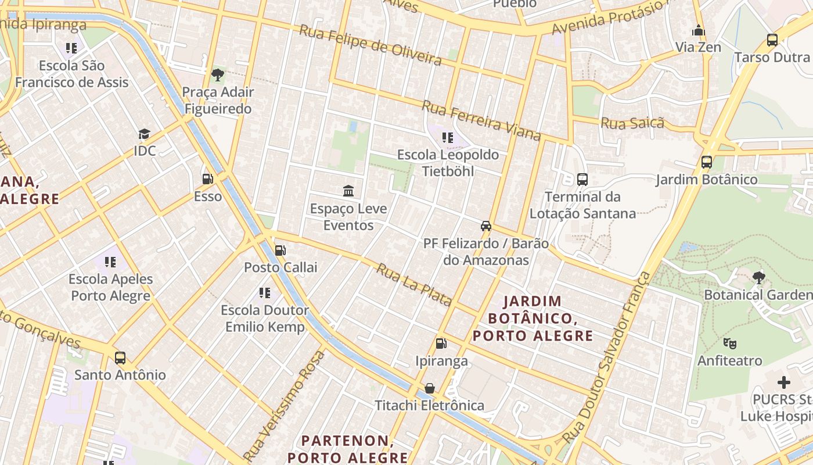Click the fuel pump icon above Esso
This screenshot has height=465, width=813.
(x=207, y=179)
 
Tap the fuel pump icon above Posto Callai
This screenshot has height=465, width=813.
(x=280, y=250)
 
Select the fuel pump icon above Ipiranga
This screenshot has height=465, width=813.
(x=441, y=344)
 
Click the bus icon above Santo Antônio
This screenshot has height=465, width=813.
(x=120, y=357)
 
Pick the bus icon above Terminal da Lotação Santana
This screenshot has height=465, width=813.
(x=582, y=179)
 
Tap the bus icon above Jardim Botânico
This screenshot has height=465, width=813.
(x=707, y=162)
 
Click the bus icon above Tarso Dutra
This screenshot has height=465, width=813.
(x=772, y=40)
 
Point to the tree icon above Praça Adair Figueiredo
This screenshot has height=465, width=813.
(x=218, y=74)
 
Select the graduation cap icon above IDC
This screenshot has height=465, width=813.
(x=145, y=134)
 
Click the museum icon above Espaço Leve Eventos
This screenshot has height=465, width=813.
(x=348, y=191)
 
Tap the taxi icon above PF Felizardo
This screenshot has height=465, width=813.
(x=486, y=226)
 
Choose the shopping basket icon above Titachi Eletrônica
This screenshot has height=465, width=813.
(x=430, y=388)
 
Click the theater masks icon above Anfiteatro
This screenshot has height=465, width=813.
(x=730, y=344)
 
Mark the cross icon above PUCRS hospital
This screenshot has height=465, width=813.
(x=784, y=382)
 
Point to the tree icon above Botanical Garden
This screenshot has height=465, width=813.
(x=758, y=277)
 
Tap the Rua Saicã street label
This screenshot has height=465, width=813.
(x=632, y=123)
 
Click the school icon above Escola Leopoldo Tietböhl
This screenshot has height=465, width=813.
(x=448, y=138)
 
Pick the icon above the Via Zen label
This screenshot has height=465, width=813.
(x=699, y=30)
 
